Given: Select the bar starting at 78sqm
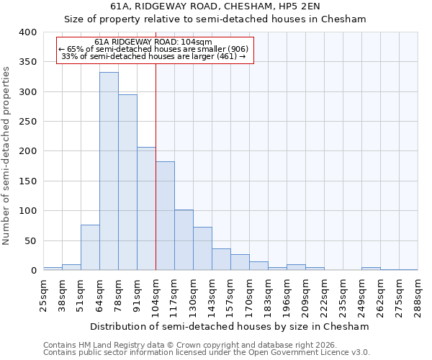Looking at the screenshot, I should click(127, 183).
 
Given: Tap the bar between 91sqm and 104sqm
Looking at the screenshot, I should click(146, 209).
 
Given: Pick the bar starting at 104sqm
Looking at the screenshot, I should click(165, 216).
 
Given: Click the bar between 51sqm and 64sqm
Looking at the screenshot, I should click(90, 248).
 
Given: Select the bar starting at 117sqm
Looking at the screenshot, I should click(184, 240).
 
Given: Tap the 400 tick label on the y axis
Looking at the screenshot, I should click(27, 32).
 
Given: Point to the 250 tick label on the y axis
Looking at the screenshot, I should click(27, 122).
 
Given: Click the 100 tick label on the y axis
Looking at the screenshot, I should click(27, 211).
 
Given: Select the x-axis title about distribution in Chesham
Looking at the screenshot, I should click(230, 326).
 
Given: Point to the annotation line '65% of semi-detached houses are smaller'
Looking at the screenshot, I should click(154, 49).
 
